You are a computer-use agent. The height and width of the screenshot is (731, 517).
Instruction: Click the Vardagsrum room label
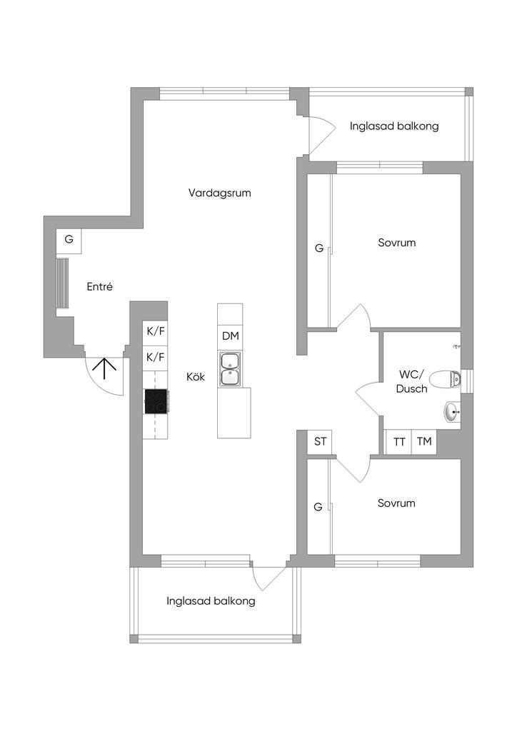220,193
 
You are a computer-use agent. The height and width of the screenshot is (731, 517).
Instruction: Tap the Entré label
100,286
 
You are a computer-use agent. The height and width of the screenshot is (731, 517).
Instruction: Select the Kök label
196,377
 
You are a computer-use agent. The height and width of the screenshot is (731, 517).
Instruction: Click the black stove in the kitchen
156,401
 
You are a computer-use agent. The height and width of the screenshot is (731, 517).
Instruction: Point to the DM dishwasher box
230,336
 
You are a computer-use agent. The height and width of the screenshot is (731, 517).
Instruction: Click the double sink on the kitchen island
230,369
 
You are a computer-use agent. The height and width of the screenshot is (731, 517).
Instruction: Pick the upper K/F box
156,331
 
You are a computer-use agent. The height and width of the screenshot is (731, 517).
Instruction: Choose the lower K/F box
156,356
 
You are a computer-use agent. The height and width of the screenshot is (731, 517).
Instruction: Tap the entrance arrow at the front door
105,368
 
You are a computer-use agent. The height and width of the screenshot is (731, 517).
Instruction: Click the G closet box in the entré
69,240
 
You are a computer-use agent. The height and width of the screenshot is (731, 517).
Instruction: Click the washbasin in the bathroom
453,411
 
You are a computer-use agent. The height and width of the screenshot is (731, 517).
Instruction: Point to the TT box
399,442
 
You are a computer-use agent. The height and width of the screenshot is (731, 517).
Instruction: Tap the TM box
424,442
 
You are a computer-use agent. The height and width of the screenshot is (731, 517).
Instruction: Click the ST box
320,442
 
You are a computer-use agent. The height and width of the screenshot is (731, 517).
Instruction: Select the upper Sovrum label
396,243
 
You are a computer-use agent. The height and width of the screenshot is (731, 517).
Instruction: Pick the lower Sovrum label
396,503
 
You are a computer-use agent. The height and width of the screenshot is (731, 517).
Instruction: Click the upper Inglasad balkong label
394,126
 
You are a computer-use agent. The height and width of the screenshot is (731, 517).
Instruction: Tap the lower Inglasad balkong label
211,601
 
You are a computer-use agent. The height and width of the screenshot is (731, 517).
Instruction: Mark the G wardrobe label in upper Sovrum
319,248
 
